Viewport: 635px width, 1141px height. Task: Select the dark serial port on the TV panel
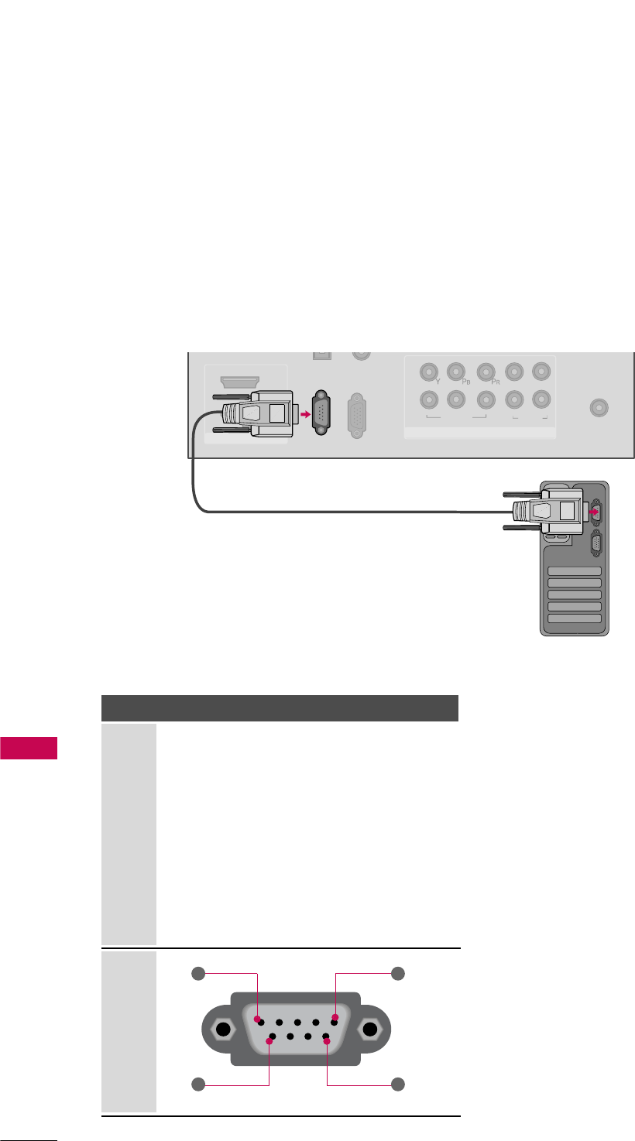pos(323,414)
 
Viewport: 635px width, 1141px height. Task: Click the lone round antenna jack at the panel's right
pos(597,406)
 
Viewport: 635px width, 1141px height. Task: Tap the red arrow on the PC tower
pos(592,512)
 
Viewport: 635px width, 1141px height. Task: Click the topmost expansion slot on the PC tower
pos(574,570)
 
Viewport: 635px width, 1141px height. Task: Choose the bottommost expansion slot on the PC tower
pos(574,618)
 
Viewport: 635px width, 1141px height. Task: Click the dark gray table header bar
pos(280,708)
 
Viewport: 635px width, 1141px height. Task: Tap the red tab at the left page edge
pos(29,749)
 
